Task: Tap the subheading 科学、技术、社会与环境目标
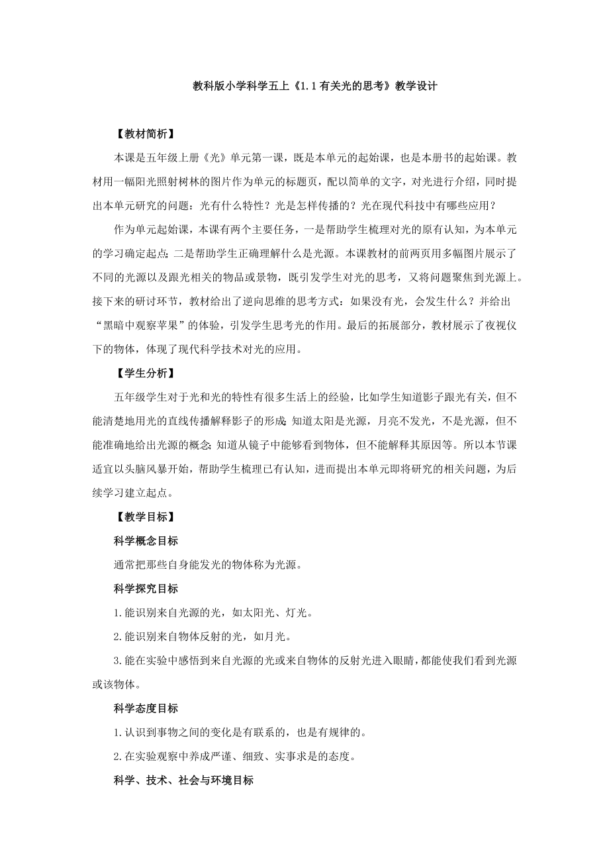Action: (183, 780)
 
